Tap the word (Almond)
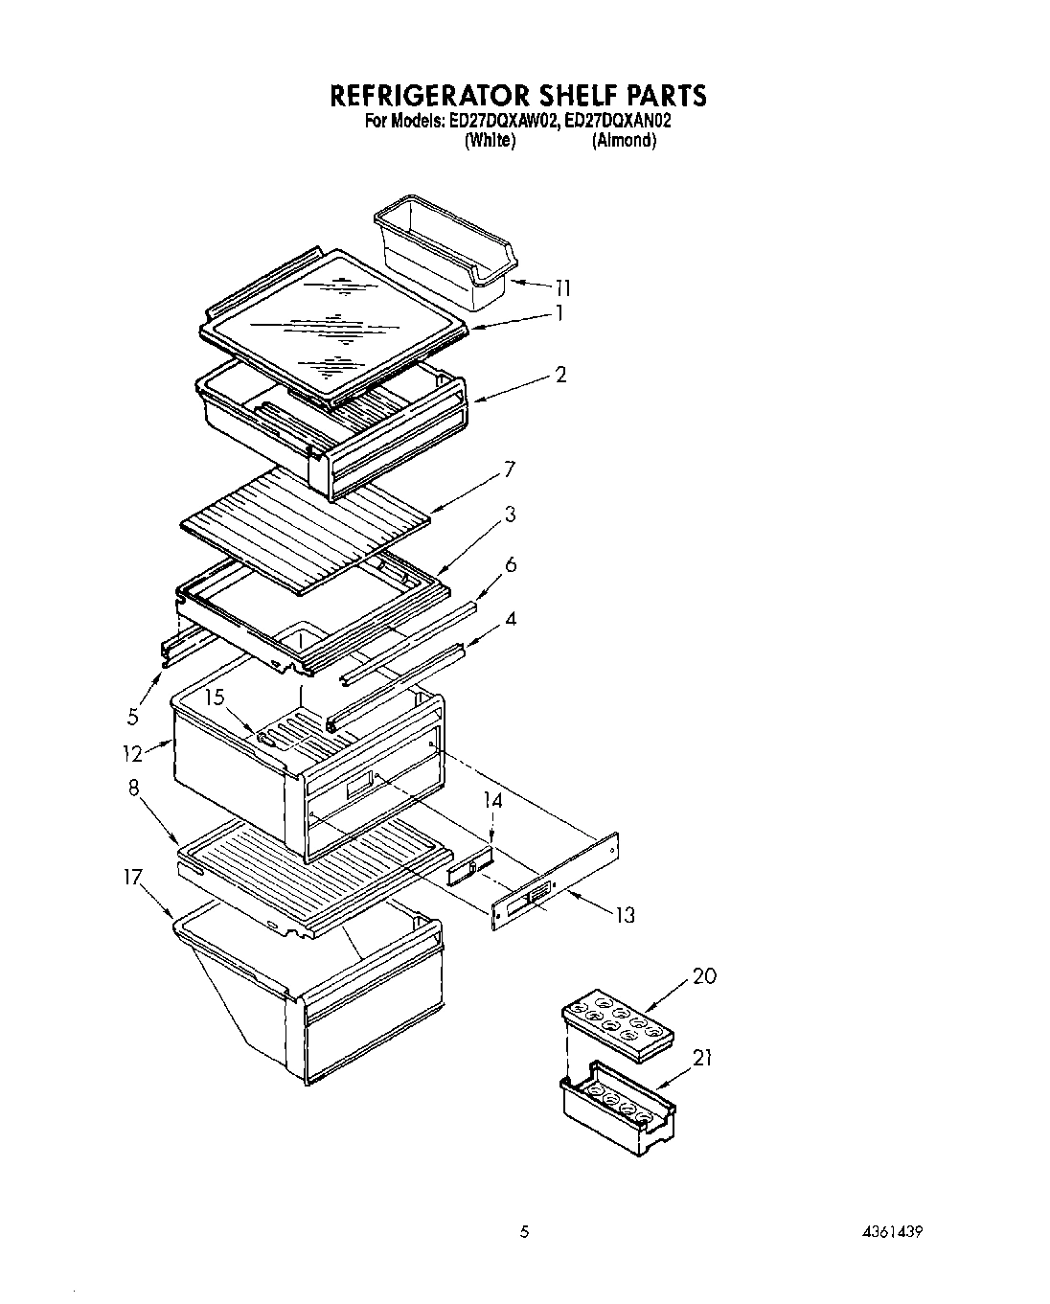coord(624,140)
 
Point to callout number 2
coord(560,375)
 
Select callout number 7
coord(509,469)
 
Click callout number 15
coord(215,697)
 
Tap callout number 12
coord(132,753)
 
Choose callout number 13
coord(624,915)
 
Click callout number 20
coord(703,976)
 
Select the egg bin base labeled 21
coord(618,1111)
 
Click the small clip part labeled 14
coord(469,865)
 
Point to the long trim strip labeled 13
coord(556,881)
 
